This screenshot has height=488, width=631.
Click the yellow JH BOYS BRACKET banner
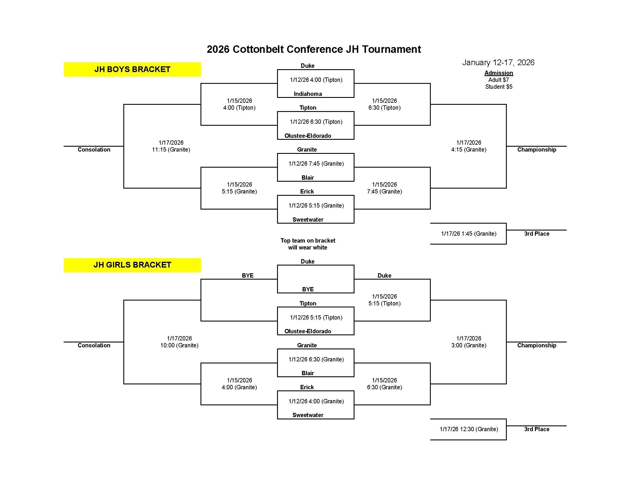pyautogui.click(x=132, y=69)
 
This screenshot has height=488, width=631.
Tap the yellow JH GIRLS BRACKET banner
pyautogui.click(x=132, y=265)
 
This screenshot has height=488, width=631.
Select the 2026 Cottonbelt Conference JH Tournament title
pyautogui.click(x=314, y=49)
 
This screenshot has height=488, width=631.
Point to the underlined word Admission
pyautogui.click(x=499, y=73)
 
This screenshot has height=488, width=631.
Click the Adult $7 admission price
pyautogui.click(x=498, y=80)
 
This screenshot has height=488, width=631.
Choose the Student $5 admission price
pyautogui.click(x=499, y=87)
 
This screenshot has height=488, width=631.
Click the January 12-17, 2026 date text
pyautogui.click(x=498, y=63)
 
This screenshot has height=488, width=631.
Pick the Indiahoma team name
pyautogui.click(x=308, y=94)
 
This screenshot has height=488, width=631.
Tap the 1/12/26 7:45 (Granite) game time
pyautogui.click(x=316, y=164)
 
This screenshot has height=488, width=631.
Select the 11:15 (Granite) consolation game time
pyautogui.click(x=171, y=150)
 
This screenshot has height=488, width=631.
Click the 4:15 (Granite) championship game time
pyautogui.click(x=469, y=150)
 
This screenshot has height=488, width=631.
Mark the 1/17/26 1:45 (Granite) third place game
pyautogui.click(x=469, y=234)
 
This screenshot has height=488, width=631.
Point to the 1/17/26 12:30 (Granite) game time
pyautogui.click(x=469, y=429)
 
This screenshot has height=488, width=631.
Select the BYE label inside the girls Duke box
pyautogui.click(x=308, y=289)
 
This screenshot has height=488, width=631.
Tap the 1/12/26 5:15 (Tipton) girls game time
pyautogui.click(x=316, y=317)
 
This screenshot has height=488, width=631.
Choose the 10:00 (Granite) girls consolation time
pyautogui.click(x=180, y=345)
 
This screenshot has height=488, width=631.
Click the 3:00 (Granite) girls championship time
pyautogui.click(x=469, y=345)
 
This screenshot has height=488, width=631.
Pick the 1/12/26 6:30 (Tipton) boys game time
pyautogui.click(x=316, y=122)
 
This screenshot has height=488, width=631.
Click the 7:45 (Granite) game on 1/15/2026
pyautogui.click(x=384, y=191)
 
